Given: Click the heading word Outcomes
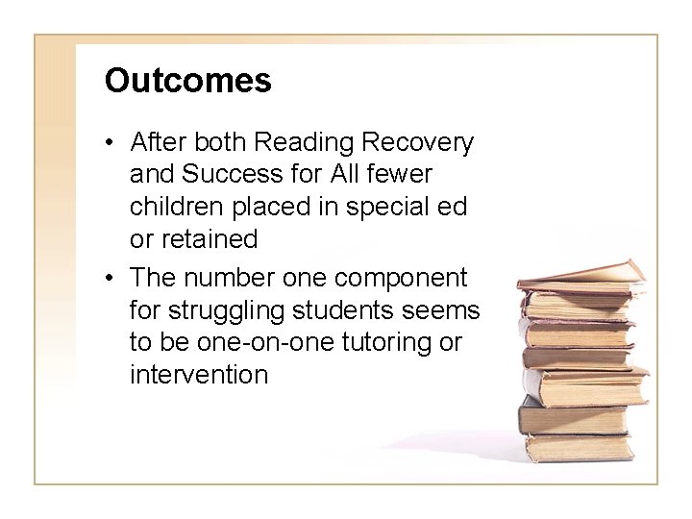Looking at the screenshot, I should click(x=188, y=81).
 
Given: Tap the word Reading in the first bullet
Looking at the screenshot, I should click(x=299, y=143).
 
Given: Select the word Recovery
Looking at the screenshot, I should click(x=418, y=143).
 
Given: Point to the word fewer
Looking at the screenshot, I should click(x=398, y=176).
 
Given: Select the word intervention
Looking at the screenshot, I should click(x=198, y=374).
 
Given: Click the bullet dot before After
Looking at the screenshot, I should click(x=111, y=144).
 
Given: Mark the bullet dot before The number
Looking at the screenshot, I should click(x=111, y=278).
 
